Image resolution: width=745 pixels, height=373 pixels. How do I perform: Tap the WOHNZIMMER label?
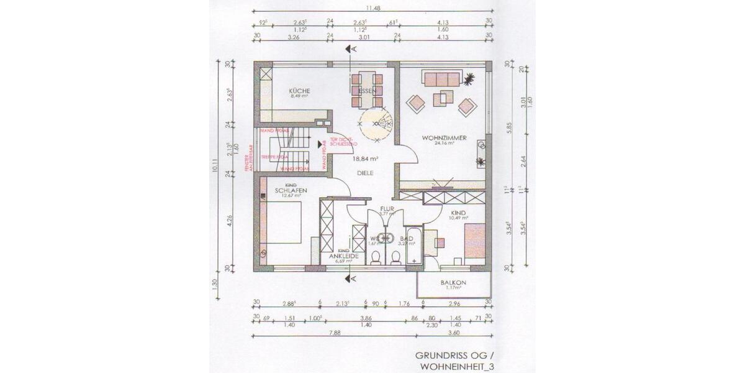click(x=443, y=137)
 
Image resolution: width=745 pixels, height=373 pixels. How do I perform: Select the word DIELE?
click(x=364, y=173)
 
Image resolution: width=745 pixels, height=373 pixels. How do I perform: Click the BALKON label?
click(x=453, y=282)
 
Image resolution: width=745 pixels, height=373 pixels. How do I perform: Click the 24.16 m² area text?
click(x=444, y=143)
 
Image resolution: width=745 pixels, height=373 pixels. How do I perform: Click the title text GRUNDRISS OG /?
click(x=456, y=356)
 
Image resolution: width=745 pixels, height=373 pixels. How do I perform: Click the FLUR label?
click(x=387, y=208)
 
